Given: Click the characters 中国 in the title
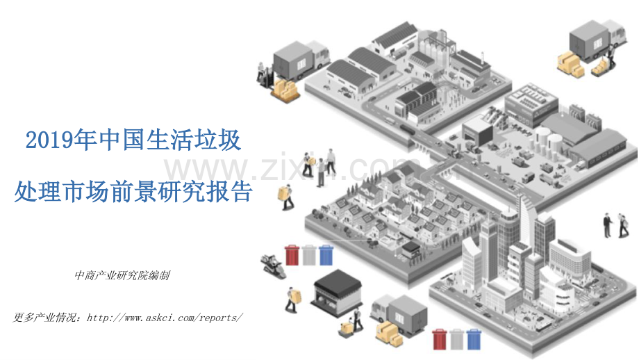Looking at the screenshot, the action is click(x=122, y=140).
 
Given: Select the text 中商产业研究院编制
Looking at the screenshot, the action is click(x=122, y=276).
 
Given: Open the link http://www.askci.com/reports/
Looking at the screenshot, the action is click(x=165, y=318).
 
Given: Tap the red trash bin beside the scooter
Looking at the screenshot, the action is click(x=292, y=255).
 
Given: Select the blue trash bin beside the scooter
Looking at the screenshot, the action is click(x=326, y=255).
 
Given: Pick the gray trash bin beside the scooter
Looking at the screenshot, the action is click(x=308, y=255).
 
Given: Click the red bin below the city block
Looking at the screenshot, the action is click(x=440, y=339).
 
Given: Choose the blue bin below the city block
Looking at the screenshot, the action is click(x=474, y=339).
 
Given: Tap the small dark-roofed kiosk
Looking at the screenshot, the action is click(x=337, y=293).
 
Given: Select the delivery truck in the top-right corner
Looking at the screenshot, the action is click(x=597, y=39).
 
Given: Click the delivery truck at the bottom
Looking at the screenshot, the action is click(x=399, y=313).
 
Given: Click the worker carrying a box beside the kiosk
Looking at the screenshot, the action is click(x=292, y=300).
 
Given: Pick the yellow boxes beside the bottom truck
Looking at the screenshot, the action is click(x=389, y=333).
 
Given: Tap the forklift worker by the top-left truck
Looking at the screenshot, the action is click(x=265, y=74).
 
